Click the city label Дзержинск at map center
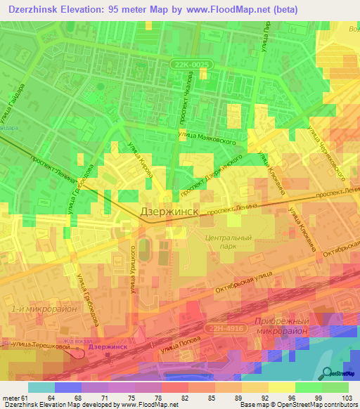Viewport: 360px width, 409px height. (x=170, y=211)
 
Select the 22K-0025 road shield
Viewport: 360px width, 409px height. (x=189, y=64)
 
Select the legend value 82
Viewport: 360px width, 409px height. (x=174, y=398)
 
